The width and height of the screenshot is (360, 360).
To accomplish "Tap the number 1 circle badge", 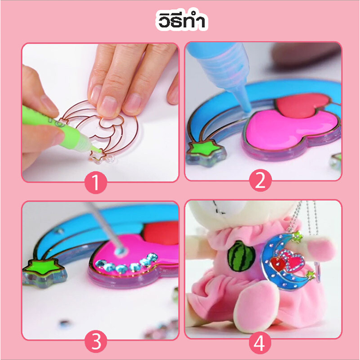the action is pyautogui.click(x=96, y=182).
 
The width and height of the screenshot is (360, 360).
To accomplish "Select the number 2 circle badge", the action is pyautogui.click(x=261, y=180).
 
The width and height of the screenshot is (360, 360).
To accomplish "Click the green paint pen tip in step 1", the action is pyautogui.click(x=99, y=151).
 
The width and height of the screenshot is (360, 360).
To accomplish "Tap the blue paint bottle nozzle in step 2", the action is pyautogui.click(x=245, y=104).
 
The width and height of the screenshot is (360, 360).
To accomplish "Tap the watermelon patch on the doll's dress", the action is pyautogui.click(x=241, y=256).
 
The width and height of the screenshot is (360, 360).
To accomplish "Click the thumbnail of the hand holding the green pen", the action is pyautogui.click(x=100, y=113).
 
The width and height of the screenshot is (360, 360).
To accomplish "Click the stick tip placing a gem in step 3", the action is pyautogui.click(x=120, y=250).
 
